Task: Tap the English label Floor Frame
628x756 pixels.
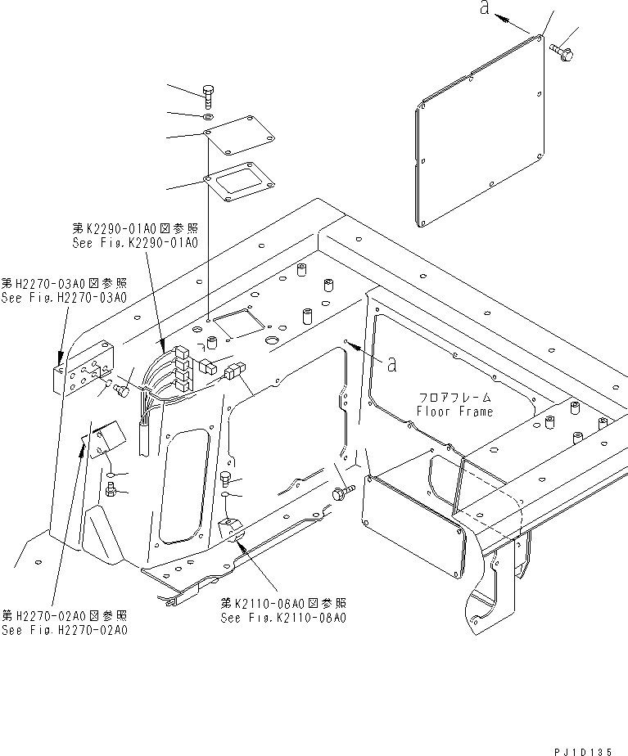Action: pyautogui.click(x=454, y=412)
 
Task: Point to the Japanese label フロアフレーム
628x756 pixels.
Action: pyautogui.click(x=454, y=398)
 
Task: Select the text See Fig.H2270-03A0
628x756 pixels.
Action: pyautogui.click(x=63, y=298)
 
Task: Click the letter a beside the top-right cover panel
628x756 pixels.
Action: pyautogui.click(x=484, y=10)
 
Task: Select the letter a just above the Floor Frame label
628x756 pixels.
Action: pyautogui.click(x=392, y=362)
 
